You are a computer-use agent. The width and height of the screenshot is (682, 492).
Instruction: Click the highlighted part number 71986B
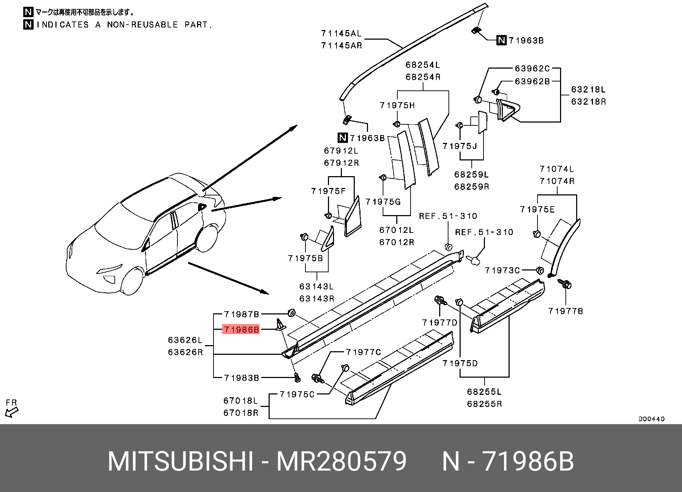(x=241, y=329)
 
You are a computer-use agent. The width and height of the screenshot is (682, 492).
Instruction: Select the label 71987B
(x=241, y=314)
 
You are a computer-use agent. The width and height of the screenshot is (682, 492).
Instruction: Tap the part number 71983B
(x=241, y=378)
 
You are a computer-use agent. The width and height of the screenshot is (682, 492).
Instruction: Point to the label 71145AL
(x=341, y=33)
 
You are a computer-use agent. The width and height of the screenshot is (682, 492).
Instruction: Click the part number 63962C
(x=532, y=68)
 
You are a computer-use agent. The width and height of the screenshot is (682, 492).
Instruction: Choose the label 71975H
(x=397, y=105)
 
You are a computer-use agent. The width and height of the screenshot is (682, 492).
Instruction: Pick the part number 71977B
(x=565, y=311)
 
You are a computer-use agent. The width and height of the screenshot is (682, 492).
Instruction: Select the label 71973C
(x=502, y=270)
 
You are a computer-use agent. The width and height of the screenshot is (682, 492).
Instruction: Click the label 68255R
(x=484, y=404)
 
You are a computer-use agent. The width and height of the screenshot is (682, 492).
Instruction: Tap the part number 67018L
(x=241, y=401)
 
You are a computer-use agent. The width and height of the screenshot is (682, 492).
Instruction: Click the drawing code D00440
(x=651, y=419)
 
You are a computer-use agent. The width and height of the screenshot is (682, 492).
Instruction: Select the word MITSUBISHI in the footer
(x=181, y=461)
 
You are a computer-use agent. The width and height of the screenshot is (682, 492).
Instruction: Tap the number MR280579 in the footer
(x=341, y=461)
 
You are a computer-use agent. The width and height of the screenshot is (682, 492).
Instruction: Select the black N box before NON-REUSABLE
(x=28, y=24)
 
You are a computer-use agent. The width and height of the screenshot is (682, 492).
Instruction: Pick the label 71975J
(x=460, y=146)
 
